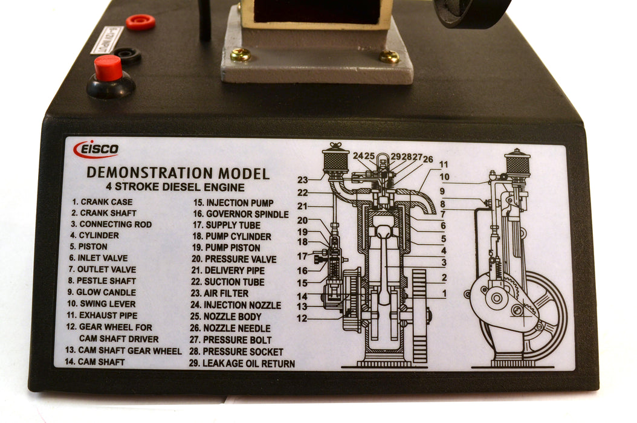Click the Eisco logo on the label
tap(96, 149)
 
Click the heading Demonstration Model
tap(178, 173)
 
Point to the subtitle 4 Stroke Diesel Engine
tap(175, 187)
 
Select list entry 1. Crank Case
tap(102, 202)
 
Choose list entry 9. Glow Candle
tap(102, 292)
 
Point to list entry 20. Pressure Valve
tap(233, 259)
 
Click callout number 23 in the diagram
tap(303, 179)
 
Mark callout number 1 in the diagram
tap(444, 294)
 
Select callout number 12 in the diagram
tap(302, 318)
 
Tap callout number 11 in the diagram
tap(444, 164)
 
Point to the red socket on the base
tap(140, 22)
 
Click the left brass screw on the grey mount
tap(240, 55)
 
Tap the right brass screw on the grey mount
tap(389, 57)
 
